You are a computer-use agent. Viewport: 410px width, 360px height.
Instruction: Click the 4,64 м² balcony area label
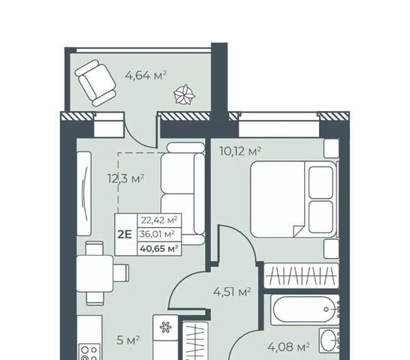pyautogui.click(x=146, y=76)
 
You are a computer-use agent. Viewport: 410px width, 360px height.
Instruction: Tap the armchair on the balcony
pyautogui.click(x=95, y=83)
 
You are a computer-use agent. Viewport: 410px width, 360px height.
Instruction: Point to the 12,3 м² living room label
pyautogui.click(x=125, y=178)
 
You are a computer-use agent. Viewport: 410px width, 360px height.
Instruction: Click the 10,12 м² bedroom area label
pyautogui.click(x=240, y=151)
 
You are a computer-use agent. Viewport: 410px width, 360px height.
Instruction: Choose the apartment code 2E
pyautogui.click(x=125, y=235)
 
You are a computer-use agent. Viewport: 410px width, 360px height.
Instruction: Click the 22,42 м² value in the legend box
pyautogui.click(x=159, y=220)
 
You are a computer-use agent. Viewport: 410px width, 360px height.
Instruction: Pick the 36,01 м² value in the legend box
pyautogui.click(x=157, y=234)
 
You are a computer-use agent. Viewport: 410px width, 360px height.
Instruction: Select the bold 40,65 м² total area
pyautogui.click(x=159, y=248)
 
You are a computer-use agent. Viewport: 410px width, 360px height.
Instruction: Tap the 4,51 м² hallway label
pyautogui.click(x=233, y=292)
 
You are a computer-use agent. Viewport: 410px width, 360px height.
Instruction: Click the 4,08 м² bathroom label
pyautogui.click(x=288, y=347)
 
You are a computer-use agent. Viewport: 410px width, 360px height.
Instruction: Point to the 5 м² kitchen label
pyautogui.click(x=128, y=340)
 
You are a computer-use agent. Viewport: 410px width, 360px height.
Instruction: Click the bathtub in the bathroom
pyautogui.click(x=305, y=310)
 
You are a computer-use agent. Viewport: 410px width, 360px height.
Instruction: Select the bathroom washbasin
pyautogui.click(x=329, y=340)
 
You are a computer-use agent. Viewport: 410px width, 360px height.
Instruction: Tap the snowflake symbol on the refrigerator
pyautogui.click(x=165, y=327)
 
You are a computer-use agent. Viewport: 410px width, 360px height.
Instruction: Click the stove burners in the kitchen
pyautogui.click(x=89, y=352)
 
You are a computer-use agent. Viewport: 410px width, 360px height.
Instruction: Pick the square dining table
pyautogui.click(x=95, y=274)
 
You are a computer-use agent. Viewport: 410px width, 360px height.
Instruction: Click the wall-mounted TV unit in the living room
pyautogui.click(x=84, y=193)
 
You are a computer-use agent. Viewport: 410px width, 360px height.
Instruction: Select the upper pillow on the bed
pyautogui.click(x=321, y=182)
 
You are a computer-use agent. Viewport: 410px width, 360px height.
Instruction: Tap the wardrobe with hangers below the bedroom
pyautogui.click(x=301, y=276)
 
